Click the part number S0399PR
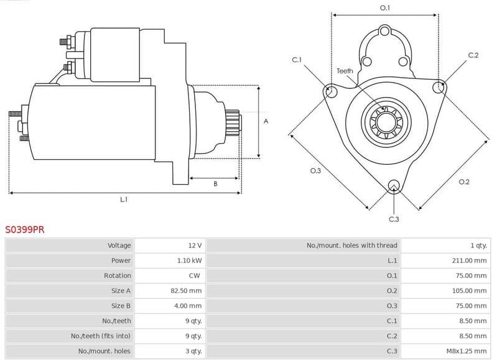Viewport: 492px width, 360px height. tap(25, 229)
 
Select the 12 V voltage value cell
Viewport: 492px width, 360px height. tap(195, 246)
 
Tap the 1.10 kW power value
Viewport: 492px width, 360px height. tap(189, 261)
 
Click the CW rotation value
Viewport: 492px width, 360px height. tap(194, 275)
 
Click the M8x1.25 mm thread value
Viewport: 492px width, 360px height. tap(465, 351)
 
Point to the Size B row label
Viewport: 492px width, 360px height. tap(121, 306)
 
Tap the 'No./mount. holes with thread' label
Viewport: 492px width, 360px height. tap(351, 246)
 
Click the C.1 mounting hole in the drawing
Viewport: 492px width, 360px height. tap(331, 92)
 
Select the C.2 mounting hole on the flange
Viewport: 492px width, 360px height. tap(440, 86)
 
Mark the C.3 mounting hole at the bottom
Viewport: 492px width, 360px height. tap(393, 186)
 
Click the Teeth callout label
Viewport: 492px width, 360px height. tap(345, 71)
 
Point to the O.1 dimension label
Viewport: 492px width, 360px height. tap(385, 7)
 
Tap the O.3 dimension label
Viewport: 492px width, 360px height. tap(315, 170)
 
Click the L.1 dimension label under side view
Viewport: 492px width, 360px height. tap(124, 200)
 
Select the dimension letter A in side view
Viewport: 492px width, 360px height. tap(266, 121)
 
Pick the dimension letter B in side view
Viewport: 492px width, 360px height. tap(215, 184)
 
